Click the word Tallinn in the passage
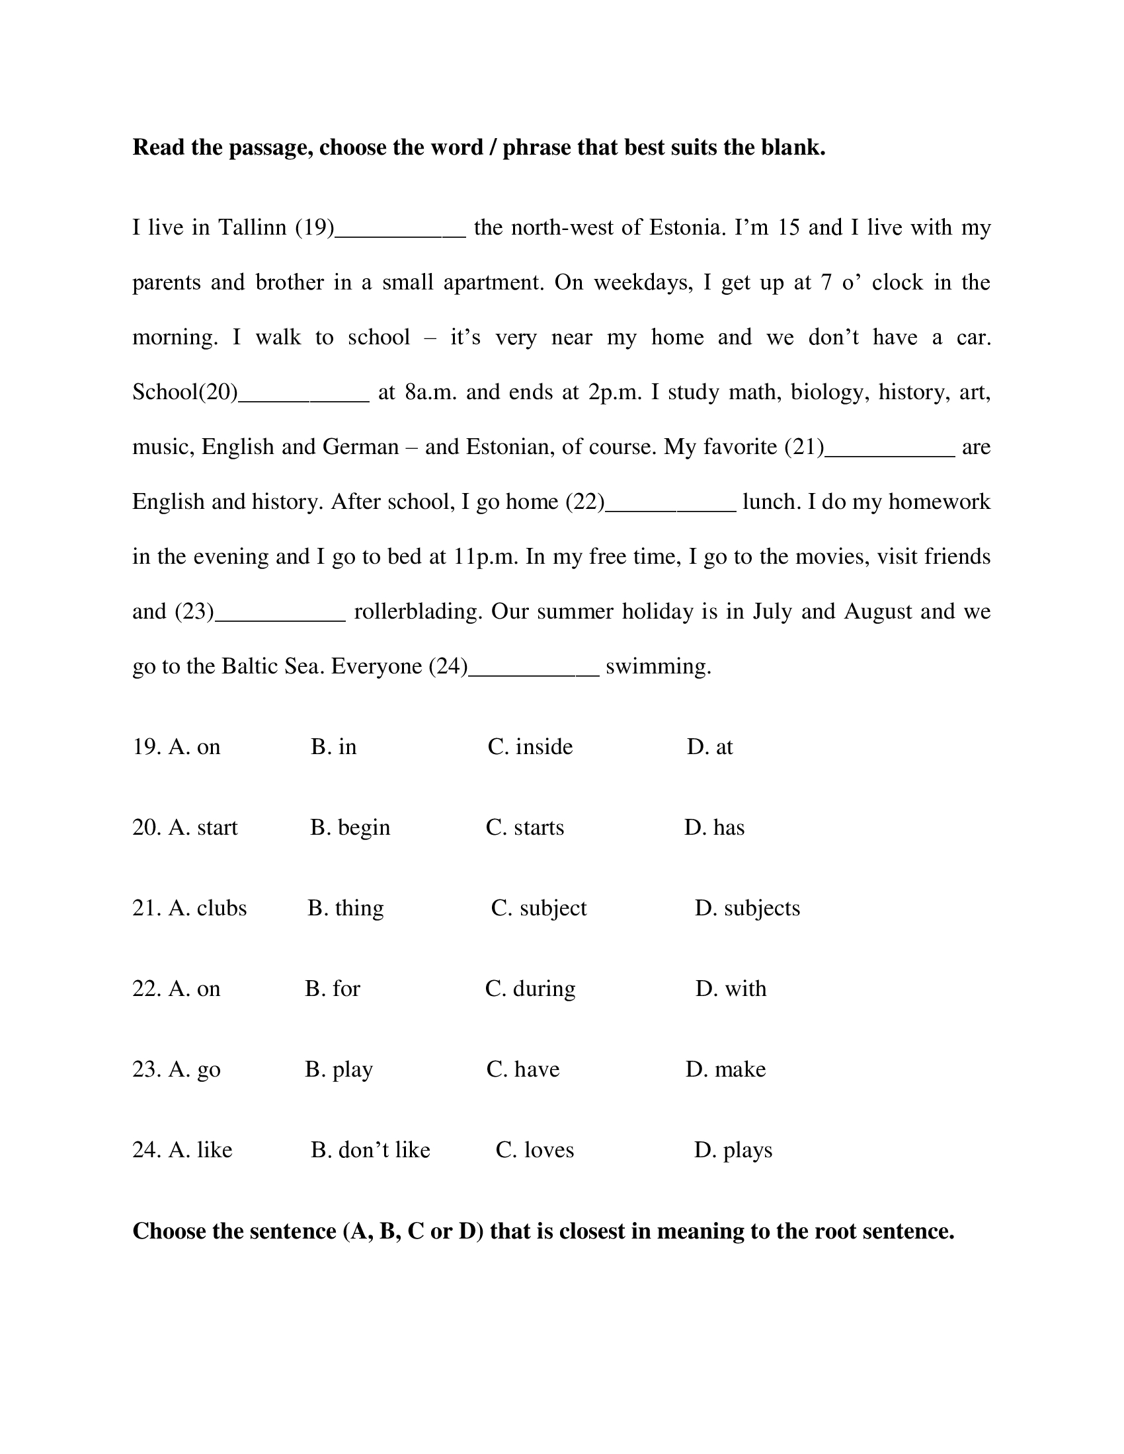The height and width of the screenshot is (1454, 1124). (x=253, y=228)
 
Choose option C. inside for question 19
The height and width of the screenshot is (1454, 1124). (x=530, y=747)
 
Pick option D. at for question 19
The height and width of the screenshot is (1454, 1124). (x=710, y=747)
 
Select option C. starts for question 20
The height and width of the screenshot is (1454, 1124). (x=525, y=827)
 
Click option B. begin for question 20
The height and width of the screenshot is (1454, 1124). (x=350, y=827)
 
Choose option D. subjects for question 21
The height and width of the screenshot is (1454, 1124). (x=747, y=908)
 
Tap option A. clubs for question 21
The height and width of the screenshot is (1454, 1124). (x=190, y=908)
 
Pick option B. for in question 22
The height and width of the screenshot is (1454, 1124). (x=333, y=989)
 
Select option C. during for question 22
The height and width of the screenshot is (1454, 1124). (x=530, y=989)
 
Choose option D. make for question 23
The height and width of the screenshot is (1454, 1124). (x=726, y=1069)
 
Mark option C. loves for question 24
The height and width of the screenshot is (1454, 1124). (x=535, y=1150)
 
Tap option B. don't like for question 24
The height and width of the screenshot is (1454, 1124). (x=370, y=1150)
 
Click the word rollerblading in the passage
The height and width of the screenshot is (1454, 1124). (x=417, y=611)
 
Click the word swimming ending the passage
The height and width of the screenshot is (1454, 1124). (x=658, y=666)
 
